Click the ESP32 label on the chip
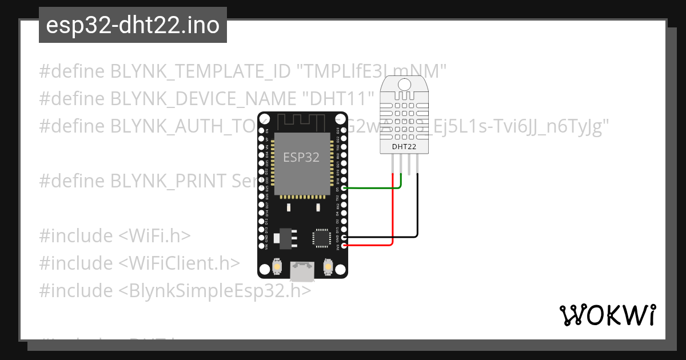tap(301, 157)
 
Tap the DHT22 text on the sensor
tap(404, 147)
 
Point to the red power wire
tap(393, 217)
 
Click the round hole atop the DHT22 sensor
tap(405, 85)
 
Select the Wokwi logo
tap(607, 314)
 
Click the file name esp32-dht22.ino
tap(133, 26)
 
